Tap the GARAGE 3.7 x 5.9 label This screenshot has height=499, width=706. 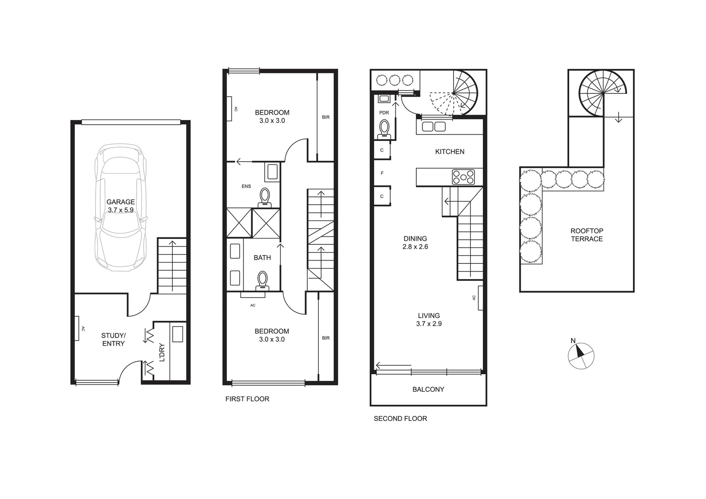coord(121,206)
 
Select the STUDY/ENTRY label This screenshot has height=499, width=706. coord(113,339)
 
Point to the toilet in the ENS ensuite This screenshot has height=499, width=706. coord(265,196)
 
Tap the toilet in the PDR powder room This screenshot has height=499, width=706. coord(384,129)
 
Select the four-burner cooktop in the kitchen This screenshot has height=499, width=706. coord(463,177)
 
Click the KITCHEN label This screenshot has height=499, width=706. coord(450,152)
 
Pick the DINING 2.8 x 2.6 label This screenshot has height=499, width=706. coord(415,243)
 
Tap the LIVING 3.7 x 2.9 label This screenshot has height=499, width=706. coord(429,320)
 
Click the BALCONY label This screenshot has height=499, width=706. coord(428,389)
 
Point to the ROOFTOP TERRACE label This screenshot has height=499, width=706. coord(587,235)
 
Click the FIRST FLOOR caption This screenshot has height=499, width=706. coord(247,399)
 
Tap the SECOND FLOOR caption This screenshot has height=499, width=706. coord(400,419)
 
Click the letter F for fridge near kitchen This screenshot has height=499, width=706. coord(382,173)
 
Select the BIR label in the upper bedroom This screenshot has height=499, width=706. coord(326,117)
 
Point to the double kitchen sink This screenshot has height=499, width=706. coord(433,127)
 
